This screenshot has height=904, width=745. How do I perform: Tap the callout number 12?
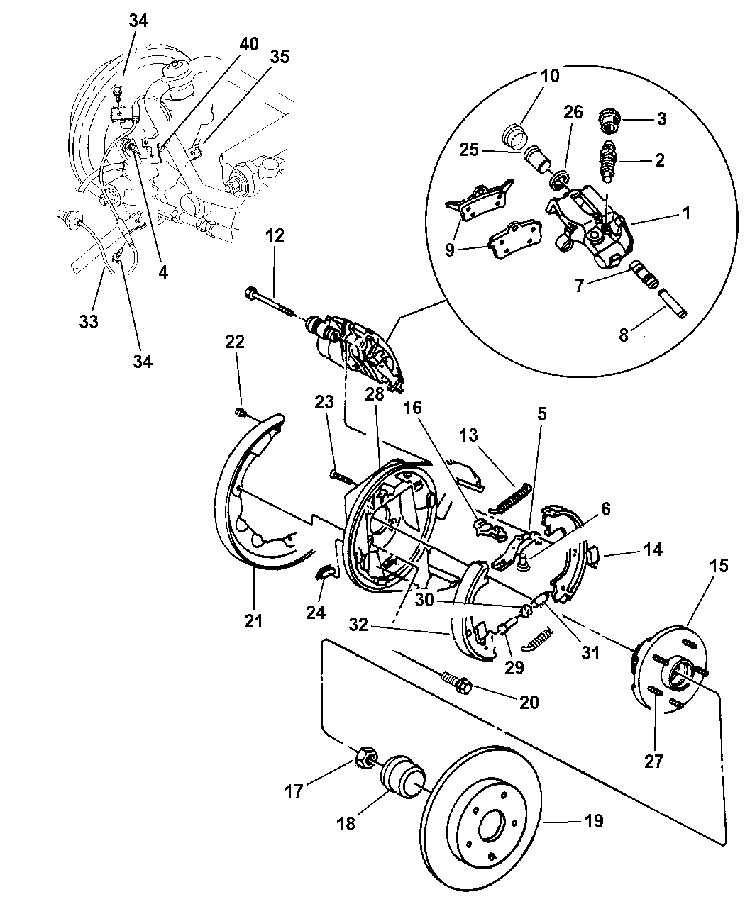point(275,235)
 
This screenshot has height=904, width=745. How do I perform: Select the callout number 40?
point(248,44)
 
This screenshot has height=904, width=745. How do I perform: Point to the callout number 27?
point(653,761)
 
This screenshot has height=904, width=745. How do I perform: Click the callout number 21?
point(253,621)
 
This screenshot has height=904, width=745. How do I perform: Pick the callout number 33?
point(89,321)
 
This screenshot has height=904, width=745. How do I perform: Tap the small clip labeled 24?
point(324,572)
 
